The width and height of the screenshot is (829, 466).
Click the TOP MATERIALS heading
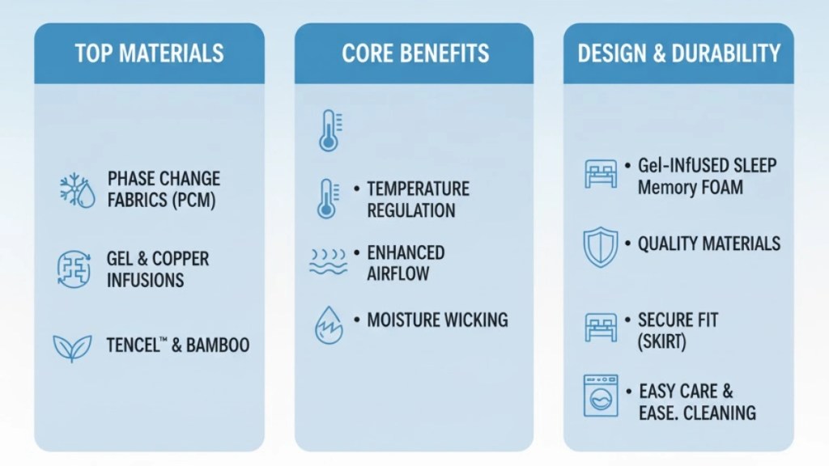click(x=149, y=53)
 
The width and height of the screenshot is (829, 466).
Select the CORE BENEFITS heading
click(x=415, y=53)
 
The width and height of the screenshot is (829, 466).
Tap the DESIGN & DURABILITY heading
click(x=678, y=53)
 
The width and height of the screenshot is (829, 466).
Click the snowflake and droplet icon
click(x=78, y=190)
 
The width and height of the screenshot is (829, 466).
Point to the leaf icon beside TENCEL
click(x=72, y=345)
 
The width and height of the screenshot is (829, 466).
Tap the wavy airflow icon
click(x=328, y=263)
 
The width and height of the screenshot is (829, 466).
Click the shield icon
click(x=600, y=247)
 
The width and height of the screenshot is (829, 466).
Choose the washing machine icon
click(x=600, y=396)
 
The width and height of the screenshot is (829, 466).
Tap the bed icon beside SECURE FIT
click(x=600, y=328)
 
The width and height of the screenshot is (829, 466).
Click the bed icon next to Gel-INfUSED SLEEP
click(x=600, y=174)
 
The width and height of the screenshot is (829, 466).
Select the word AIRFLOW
click(x=399, y=274)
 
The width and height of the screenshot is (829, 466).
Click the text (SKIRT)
click(x=662, y=341)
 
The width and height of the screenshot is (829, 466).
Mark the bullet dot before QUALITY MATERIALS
click(x=627, y=244)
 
